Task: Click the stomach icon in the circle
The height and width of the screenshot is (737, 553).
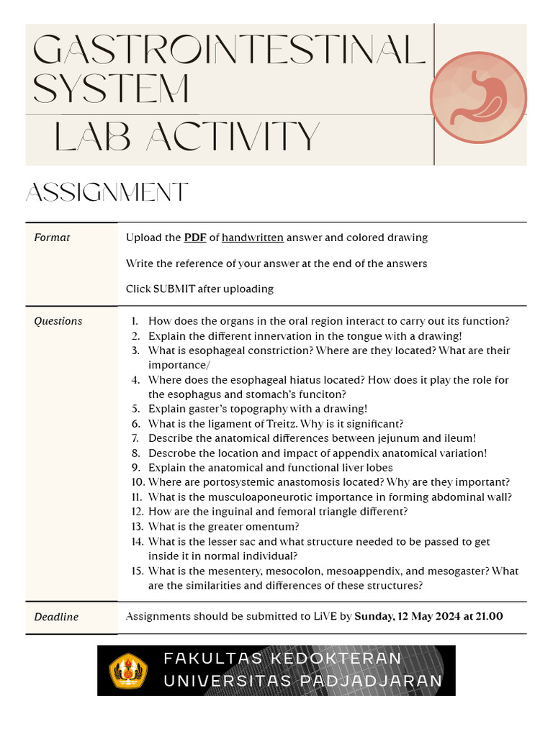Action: click(478, 96)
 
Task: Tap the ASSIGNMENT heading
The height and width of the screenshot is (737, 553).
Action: click(107, 193)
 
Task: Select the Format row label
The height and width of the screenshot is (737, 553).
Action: click(52, 238)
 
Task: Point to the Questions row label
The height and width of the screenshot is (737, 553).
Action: click(58, 321)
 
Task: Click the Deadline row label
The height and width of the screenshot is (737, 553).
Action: click(56, 617)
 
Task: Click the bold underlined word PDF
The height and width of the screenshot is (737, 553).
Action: click(195, 238)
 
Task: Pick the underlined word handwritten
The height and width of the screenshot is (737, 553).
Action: click(253, 238)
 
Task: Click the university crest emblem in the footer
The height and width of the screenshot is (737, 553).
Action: click(127, 671)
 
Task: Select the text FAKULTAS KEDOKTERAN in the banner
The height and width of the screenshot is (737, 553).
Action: click(282, 659)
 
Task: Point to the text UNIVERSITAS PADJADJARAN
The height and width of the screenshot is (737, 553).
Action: click(302, 681)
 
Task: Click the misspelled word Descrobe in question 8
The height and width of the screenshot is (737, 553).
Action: click(171, 453)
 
